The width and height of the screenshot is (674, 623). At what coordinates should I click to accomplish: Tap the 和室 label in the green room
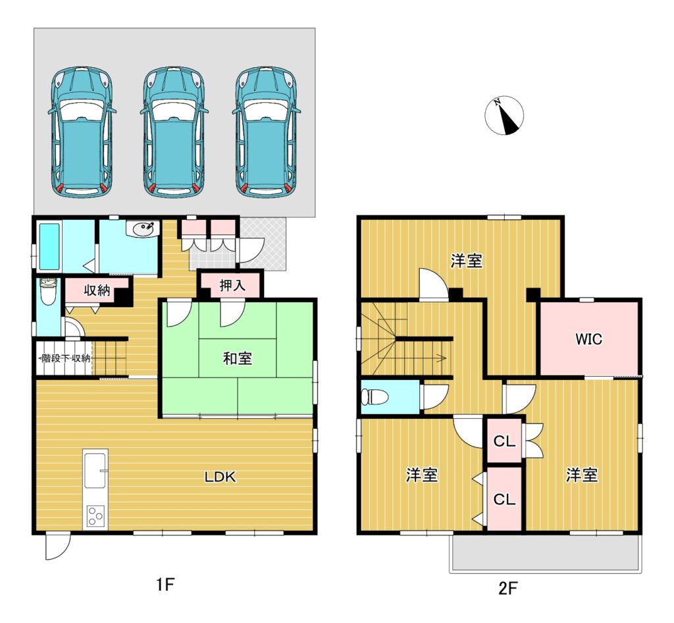(x=237, y=358)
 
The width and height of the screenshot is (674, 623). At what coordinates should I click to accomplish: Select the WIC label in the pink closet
(x=589, y=339)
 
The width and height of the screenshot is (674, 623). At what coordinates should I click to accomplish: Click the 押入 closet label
(x=232, y=286)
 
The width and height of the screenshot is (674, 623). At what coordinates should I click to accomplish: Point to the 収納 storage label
(x=97, y=290)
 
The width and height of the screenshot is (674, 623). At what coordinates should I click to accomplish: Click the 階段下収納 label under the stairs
(x=65, y=358)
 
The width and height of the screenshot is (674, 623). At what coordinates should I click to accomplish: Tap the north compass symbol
(x=504, y=115)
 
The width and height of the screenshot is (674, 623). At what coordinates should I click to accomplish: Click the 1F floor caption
(x=165, y=585)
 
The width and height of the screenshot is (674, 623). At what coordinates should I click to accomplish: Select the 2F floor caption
(x=507, y=587)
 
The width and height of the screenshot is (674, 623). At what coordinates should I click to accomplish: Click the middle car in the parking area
(x=174, y=132)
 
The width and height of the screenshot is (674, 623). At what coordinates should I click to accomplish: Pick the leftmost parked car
(x=82, y=132)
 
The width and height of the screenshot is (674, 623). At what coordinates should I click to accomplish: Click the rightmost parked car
(x=267, y=132)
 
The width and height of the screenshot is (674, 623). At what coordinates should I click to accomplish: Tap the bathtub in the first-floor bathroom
(x=49, y=246)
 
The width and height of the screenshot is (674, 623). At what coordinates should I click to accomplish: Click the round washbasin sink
(x=143, y=229)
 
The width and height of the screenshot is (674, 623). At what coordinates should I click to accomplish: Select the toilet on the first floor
(x=48, y=291)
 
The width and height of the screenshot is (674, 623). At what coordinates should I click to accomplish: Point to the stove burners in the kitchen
(x=95, y=516)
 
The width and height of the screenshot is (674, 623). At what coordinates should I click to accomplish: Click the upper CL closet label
(x=504, y=441)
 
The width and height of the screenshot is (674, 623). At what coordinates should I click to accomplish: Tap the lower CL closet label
(x=504, y=499)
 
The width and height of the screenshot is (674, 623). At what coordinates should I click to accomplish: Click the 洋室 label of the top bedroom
(x=467, y=261)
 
